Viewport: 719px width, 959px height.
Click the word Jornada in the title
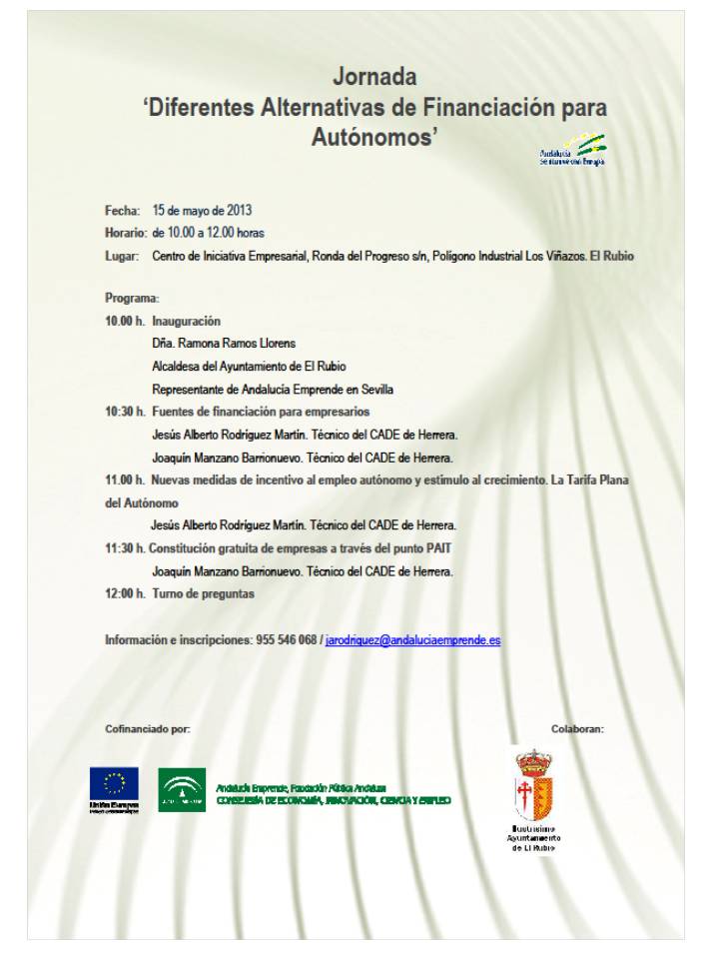(374, 77)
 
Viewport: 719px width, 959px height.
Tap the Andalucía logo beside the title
(572, 150)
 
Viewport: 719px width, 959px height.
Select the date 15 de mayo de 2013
(202, 211)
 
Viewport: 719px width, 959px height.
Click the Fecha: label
(122, 211)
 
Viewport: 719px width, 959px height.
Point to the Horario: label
(126, 233)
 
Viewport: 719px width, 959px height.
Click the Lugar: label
(122, 256)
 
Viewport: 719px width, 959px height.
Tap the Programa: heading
(132, 299)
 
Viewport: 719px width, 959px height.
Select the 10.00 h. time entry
(125, 322)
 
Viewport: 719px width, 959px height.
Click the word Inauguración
(186, 322)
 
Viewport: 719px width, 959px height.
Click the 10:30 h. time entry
(125, 412)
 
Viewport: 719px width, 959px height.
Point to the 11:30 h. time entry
(125, 548)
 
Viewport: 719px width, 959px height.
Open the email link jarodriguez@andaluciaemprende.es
(412, 639)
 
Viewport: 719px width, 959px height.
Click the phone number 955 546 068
(286, 639)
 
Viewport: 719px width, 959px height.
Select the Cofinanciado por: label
(147, 729)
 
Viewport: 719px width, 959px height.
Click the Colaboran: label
(577, 729)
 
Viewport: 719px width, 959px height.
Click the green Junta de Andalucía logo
(182, 789)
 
